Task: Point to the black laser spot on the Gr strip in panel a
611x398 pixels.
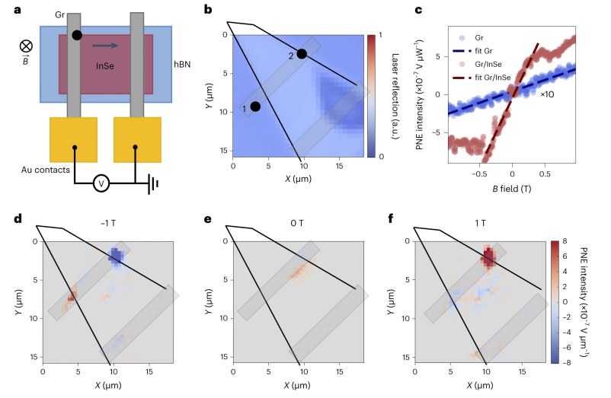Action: [77, 35]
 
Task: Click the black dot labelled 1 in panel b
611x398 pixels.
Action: [255, 107]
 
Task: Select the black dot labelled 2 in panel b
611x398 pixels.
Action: [302, 54]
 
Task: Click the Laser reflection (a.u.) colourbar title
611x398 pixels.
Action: [394, 96]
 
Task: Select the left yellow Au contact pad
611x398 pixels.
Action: [75, 139]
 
